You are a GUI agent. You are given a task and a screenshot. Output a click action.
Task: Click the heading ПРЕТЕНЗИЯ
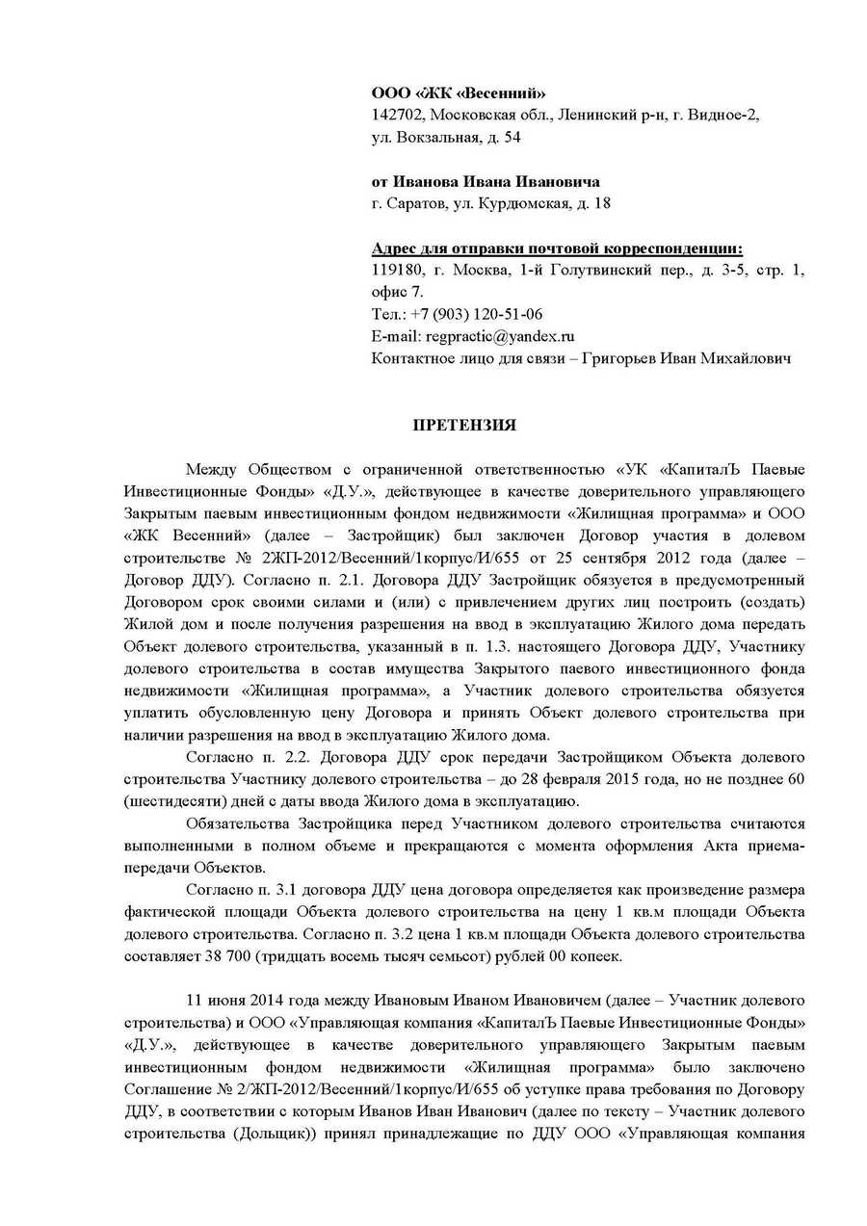(x=464, y=426)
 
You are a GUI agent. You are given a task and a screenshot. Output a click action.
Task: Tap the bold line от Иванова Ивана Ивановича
(x=486, y=182)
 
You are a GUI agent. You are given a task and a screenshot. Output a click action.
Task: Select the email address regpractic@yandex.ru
(x=500, y=336)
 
